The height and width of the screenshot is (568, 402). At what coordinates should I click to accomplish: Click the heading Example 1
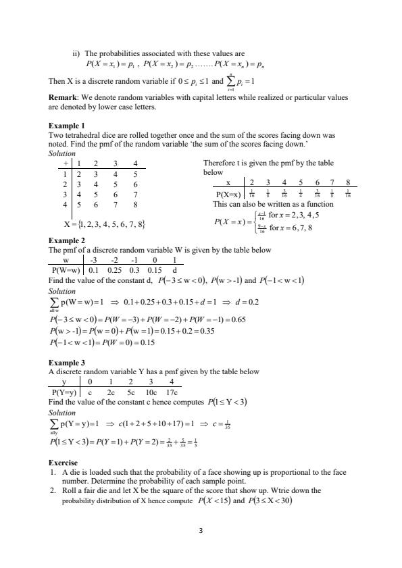pyautogui.click(x=67, y=126)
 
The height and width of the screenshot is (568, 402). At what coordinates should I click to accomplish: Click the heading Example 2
pyautogui.click(x=67, y=240)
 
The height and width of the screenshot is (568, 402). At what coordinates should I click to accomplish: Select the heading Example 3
pyautogui.click(x=67, y=362)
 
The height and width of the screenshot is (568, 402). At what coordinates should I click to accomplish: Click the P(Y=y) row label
pyautogui.click(x=66, y=391)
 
